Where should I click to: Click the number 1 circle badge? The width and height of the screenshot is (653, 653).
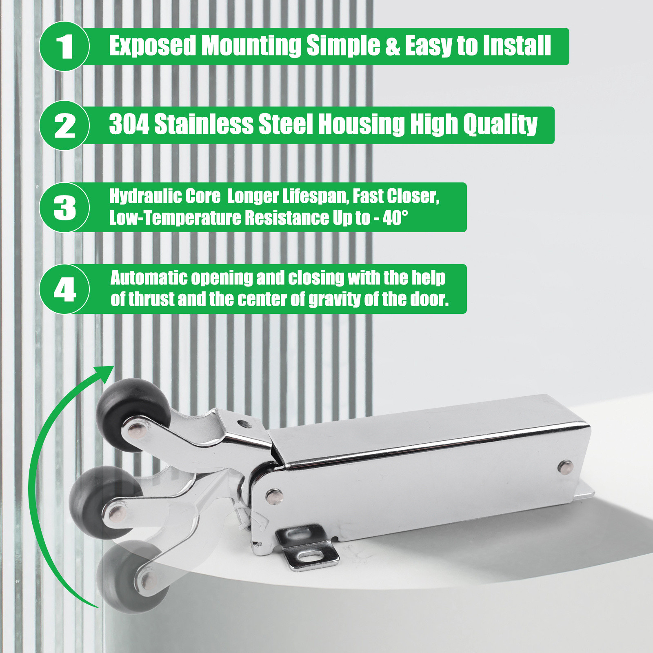(x=64, y=47)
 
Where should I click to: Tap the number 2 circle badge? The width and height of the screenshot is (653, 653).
(x=64, y=126)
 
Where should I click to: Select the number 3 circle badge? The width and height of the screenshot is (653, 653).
(x=64, y=207)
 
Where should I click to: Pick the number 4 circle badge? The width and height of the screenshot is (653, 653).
(x=64, y=289)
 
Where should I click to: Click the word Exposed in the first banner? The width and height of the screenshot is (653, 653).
(x=153, y=46)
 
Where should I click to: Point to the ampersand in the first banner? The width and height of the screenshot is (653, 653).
(x=392, y=46)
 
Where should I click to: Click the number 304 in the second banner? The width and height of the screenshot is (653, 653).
(x=129, y=124)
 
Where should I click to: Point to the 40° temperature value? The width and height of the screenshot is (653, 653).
(x=395, y=218)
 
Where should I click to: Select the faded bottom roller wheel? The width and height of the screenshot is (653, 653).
(x=133, y=577)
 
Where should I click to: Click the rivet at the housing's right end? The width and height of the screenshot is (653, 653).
(x=565, y=466)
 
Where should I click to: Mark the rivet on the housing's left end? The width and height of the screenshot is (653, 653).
(x=274, y=496)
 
